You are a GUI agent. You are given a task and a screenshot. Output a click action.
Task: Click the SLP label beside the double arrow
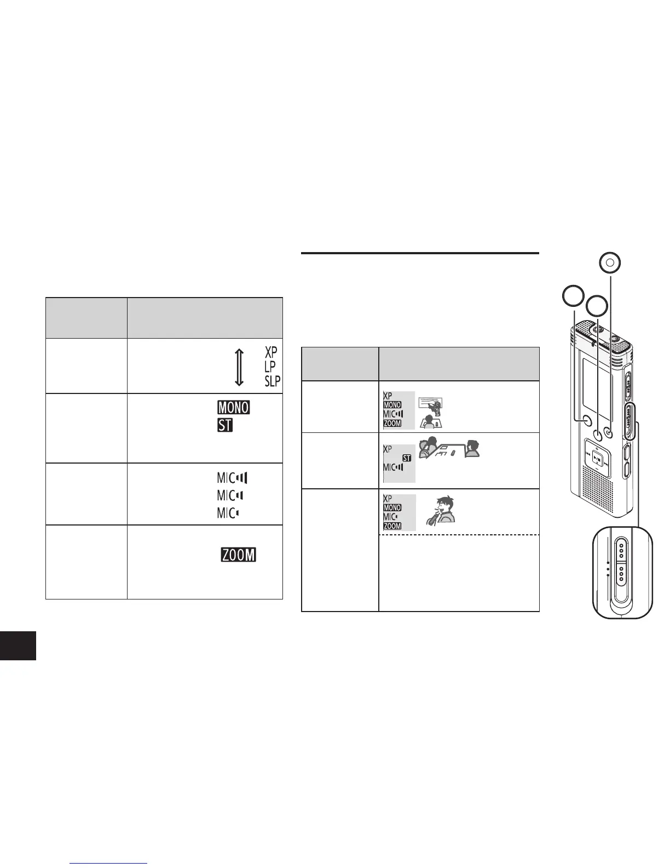click(273, 381)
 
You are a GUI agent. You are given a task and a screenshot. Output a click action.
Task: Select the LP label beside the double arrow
click(270, 366)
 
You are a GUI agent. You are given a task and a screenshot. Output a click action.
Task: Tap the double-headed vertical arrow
click(239, 366)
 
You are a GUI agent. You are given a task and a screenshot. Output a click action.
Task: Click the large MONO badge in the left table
click(234, 408)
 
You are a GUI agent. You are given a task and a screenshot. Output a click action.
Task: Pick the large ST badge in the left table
click(225, 425)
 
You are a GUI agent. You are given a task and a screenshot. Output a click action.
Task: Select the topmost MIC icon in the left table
click(232, 478)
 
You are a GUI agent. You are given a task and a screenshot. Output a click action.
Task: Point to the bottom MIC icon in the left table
click(228, 513)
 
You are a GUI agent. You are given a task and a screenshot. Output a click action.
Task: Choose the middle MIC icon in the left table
click(230, 495)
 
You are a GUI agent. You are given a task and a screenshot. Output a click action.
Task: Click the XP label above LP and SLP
click(271, 351)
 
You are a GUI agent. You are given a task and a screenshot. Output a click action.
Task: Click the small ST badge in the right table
click(407, 458)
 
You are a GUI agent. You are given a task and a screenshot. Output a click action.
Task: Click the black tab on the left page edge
click(18, 645)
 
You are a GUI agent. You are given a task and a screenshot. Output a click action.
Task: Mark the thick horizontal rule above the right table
click(420, 253)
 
